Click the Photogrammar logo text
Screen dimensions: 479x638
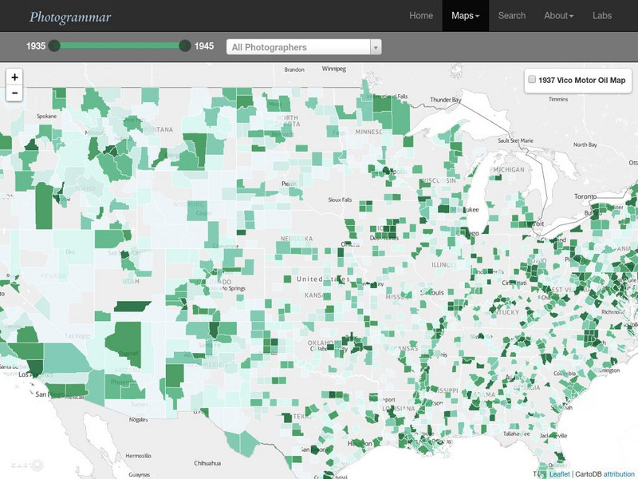point(70,16)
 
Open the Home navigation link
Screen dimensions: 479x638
point(421,16)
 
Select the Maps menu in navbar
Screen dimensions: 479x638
point(465,16)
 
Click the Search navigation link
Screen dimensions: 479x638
point(512,16)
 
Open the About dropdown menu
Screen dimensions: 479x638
point(558,16)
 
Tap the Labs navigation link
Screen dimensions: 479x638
point(602,16)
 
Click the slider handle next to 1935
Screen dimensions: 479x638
point(54,46)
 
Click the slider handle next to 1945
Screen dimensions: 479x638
point(185,46)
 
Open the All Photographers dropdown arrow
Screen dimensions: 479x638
point(375,47)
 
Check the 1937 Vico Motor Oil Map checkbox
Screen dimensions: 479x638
point(532,80)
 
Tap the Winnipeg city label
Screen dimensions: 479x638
point(333,69)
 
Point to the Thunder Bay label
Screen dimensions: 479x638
point(446,100)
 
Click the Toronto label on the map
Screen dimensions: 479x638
point(585,196)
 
